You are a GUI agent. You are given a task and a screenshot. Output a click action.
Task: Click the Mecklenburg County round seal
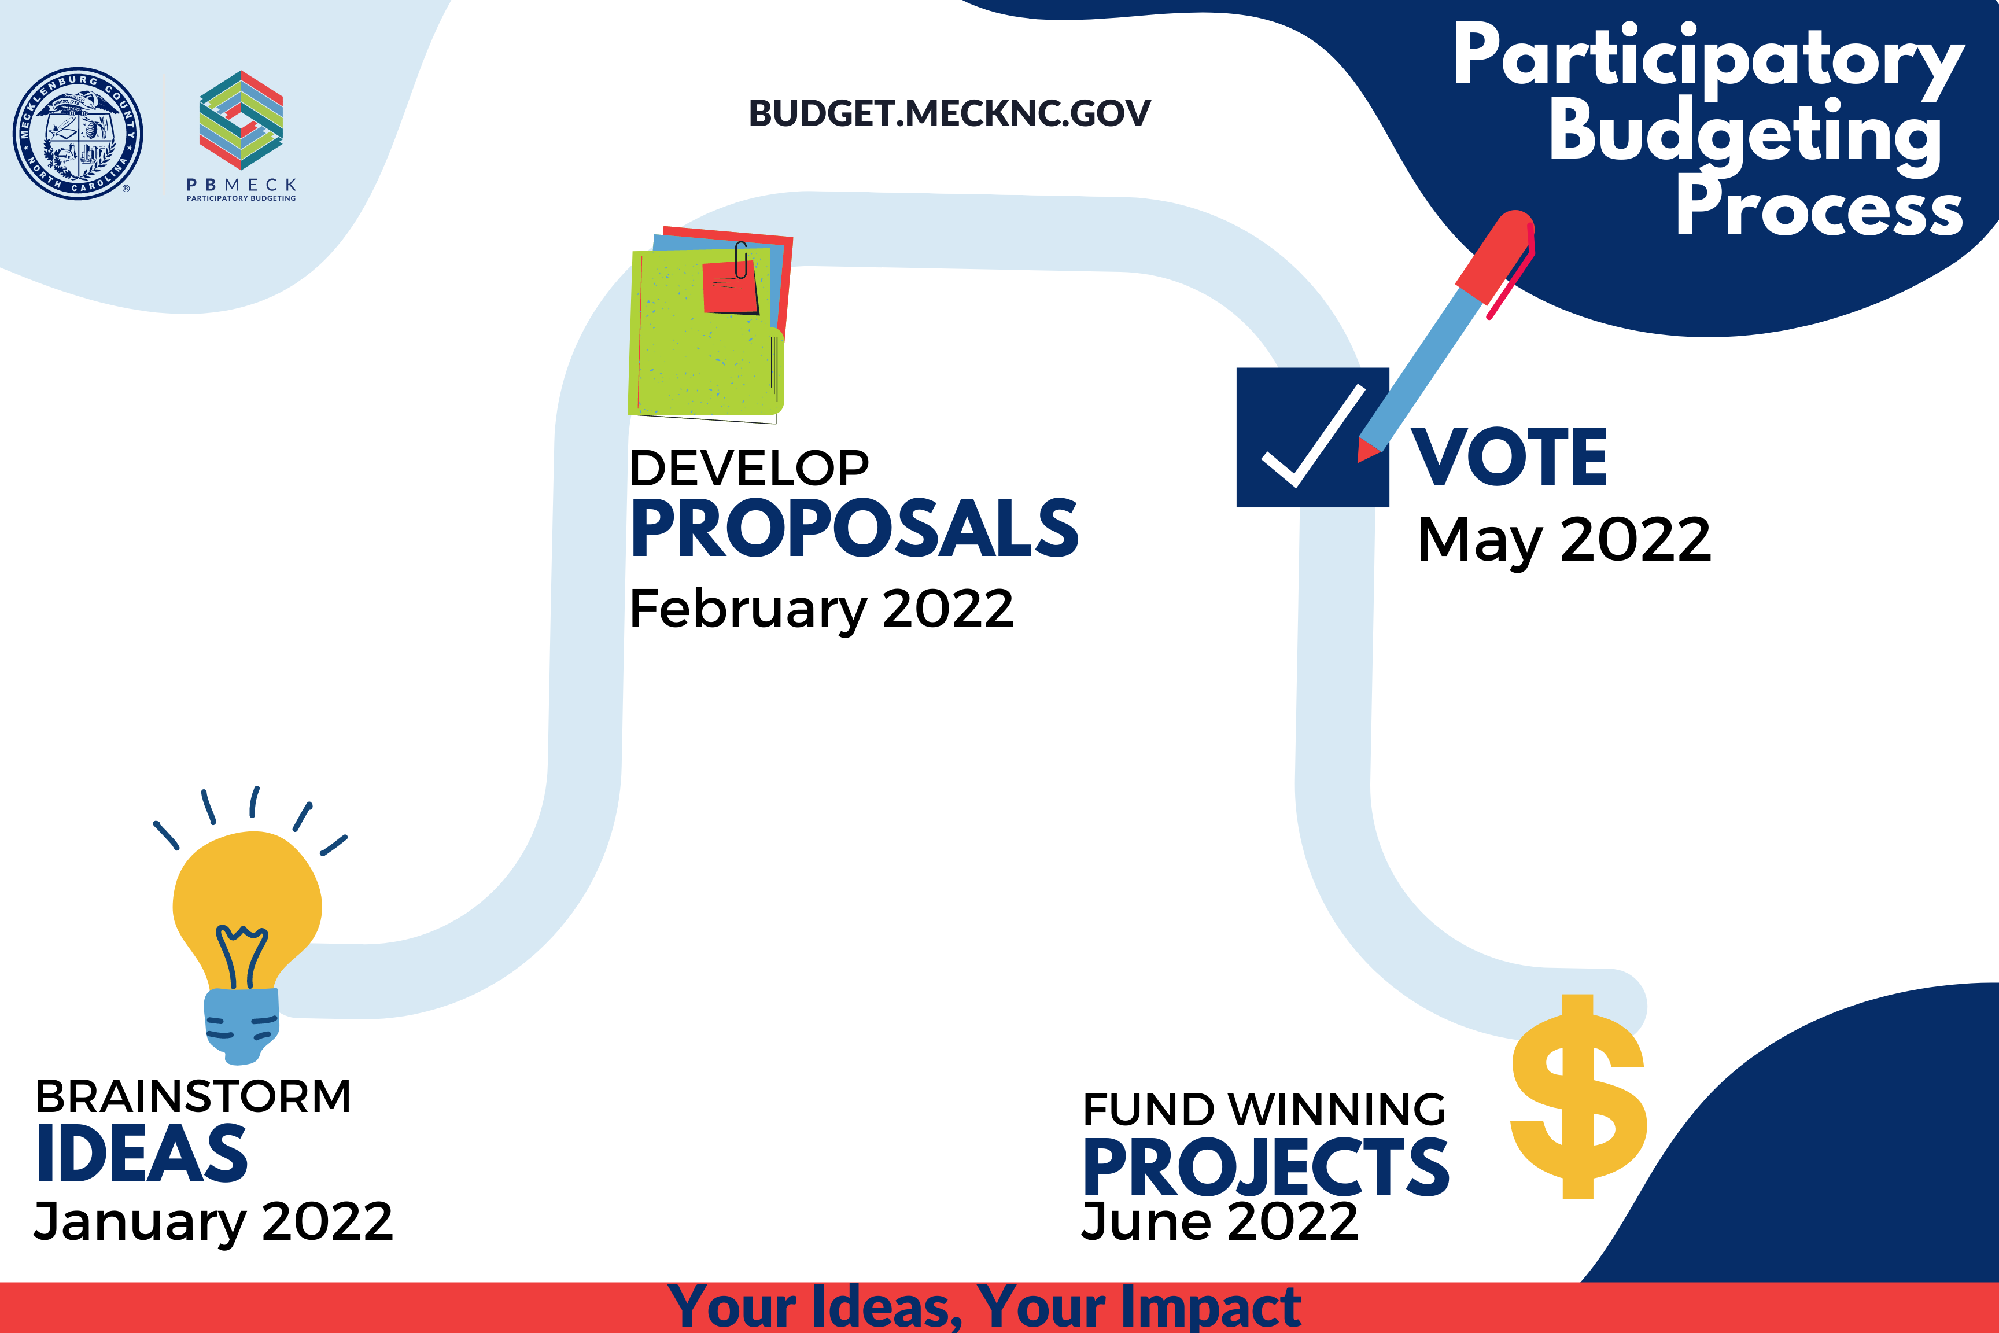click(x=78, y=134)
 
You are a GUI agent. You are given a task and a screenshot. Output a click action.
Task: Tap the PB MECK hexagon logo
click(x=241, y=120)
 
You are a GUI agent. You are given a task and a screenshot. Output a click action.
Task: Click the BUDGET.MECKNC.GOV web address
click(x=949, y=113)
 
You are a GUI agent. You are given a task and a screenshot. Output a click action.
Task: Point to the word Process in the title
click(x=1819, y=207)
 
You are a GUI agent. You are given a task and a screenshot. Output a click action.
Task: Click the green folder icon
click(x=706, y=332)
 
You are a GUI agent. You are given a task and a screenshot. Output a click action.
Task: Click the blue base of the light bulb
click(x=242, y=1025)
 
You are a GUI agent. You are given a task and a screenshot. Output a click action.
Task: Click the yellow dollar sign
click(x=1578, y=1097)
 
